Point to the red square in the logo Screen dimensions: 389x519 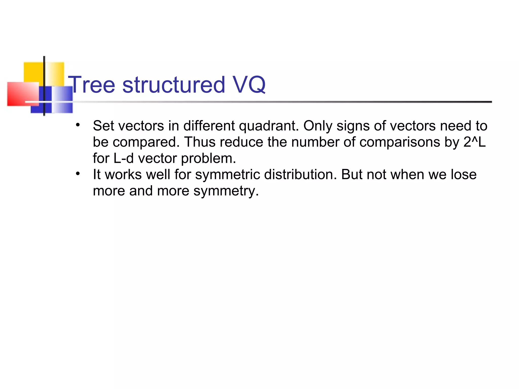pyautogui.click(x=22, y=94)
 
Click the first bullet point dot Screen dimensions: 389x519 pyautogui.click(x=78, y=125)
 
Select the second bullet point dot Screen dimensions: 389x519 pyautogui.click(x=78, y=174)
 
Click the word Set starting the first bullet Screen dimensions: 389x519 pyautogui.click(x=104, y=126)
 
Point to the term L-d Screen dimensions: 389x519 pyautogui.click(x=123, y=158)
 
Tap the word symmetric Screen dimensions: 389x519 pyautogui.click(x=227, y=175)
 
